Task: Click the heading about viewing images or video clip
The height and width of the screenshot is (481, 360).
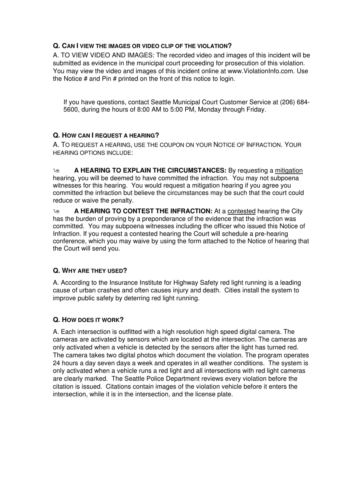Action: click(142, 46)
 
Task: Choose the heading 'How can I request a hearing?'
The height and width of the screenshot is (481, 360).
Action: click(106, 135)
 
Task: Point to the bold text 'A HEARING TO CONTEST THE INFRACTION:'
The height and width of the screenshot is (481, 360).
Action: click(143, 211)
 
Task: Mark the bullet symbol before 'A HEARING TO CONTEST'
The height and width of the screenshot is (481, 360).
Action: click(56, 212)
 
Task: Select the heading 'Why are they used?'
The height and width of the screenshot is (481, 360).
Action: click(90, 270)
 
